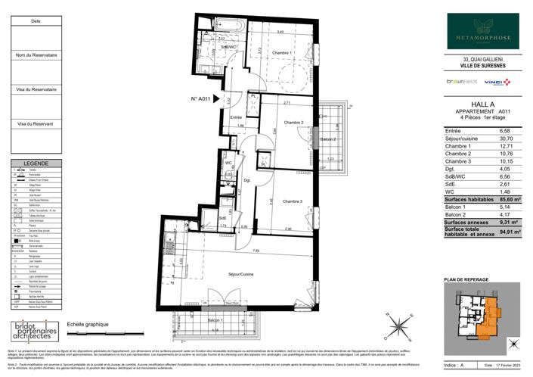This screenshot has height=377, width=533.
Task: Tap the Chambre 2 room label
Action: pyautogui.click(x=293, y=123)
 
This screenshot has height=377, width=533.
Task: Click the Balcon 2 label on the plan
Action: pyautogui.click(x=329, y=139)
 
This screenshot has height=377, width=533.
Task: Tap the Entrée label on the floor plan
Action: pyautogui.click(x=236, y=117)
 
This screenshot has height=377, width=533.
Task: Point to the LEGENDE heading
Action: pyautogui.click(x=36, y=164)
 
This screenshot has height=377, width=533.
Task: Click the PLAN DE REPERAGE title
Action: pyautogui.click(x=467, y=281)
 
